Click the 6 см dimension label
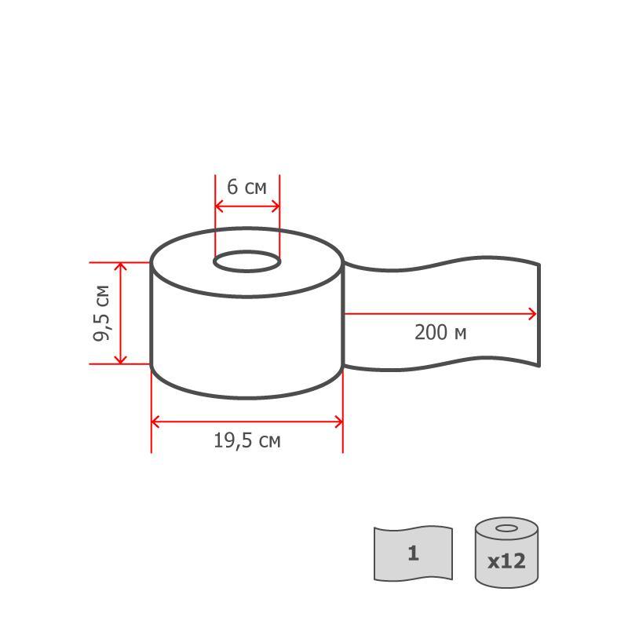tap(246, 187)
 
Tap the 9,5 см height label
tap(102, 312)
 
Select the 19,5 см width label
tap(246, 440)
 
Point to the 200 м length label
tap(440, 333)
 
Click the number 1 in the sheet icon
tap(414, 553)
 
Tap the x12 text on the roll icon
tap(506, 562)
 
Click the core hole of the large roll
tap(247, 262)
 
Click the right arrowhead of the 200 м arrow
tap(533, 314)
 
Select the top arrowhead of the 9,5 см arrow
tap(121, 267)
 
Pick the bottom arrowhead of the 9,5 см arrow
tap(121, 360)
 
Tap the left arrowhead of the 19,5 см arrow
tap(155, 422)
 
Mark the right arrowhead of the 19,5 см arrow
tap(338, 422)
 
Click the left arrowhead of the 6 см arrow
tap(220, 206)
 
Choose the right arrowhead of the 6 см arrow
tap(275, 206)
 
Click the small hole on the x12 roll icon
tap(506, 528)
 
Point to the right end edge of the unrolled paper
tap(539, 314)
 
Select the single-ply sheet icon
tap(413, 553)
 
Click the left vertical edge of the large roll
tap(151, 314)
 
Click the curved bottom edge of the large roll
tap(246, 397)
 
